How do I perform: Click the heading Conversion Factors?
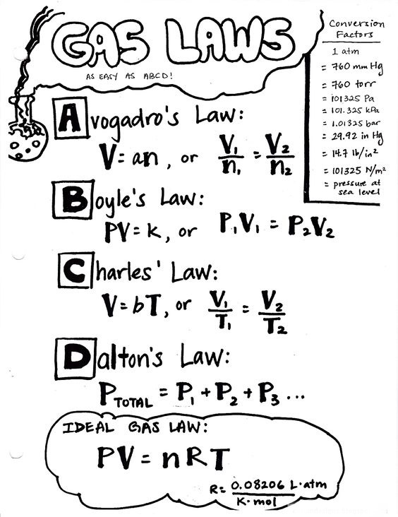pyautogui.click(x=356, y=29)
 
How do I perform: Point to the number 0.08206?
pyautogui.click(x=258, y=485)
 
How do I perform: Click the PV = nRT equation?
pyautogui.click(x=164, y=458)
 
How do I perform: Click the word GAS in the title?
pyautogui.click(x=99, y=43)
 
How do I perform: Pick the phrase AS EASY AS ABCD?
pyautogui.click(x=129, y=76)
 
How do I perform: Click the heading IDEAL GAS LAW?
pyautogui.click(x=135, y=427)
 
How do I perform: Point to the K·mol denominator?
pyautogui.click(x=257, y=502)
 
